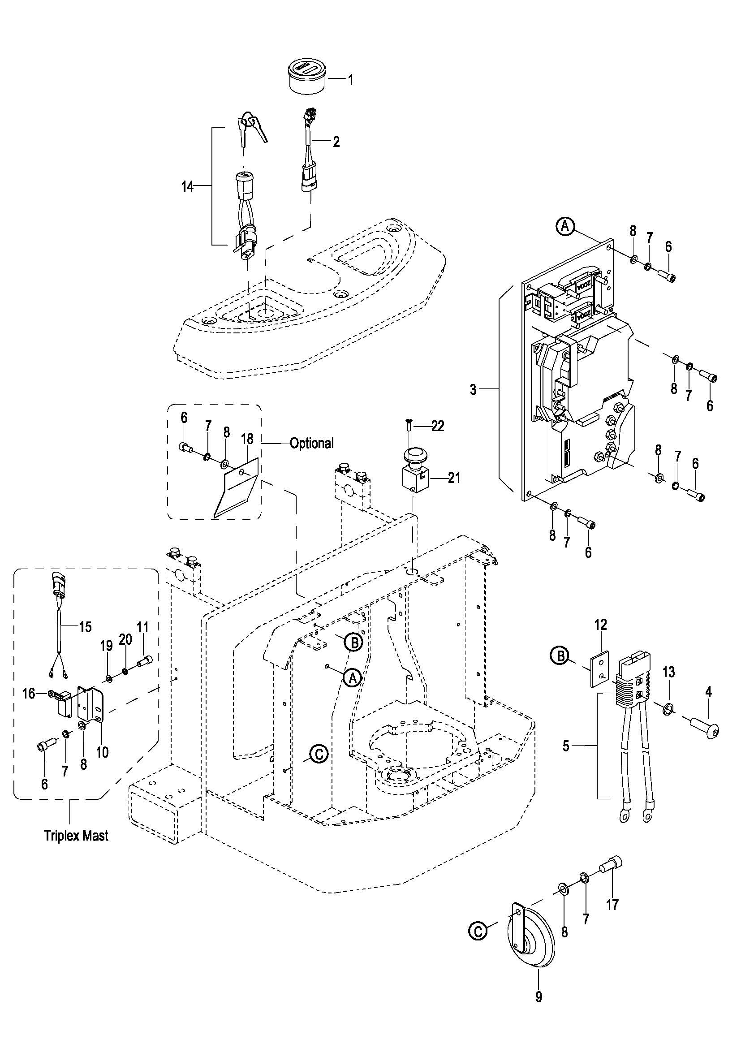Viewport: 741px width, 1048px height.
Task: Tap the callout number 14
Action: pyautogui.click(x=188, y=186)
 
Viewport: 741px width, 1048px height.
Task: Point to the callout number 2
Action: pyautogui.click(x=336, y=142)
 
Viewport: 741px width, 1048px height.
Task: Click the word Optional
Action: pyautogui.click(x=312, y=443)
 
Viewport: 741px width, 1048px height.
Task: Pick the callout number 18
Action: pyautogui.click(x=247, y=439)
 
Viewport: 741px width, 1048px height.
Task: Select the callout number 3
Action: pyautogui.click(x=473, y=390)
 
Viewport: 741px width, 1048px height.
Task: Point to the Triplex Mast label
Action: pyautogui.click(x=76, y=836)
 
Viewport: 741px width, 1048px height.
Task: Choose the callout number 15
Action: pyautogui.click(x=86, y=627)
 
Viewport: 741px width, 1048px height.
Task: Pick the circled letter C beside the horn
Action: pyautogui.click(x=478, y=931)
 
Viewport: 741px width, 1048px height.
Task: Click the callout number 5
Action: pyautogui.click(x=566, y=747)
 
